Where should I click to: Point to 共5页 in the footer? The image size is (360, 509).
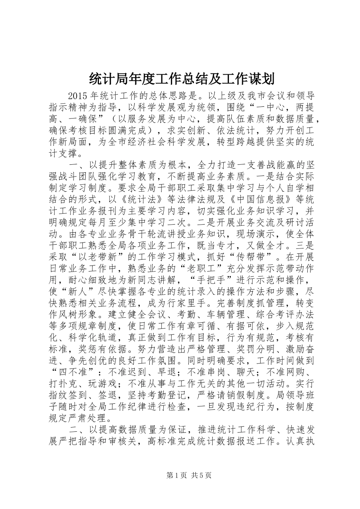[x=201, y=486]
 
